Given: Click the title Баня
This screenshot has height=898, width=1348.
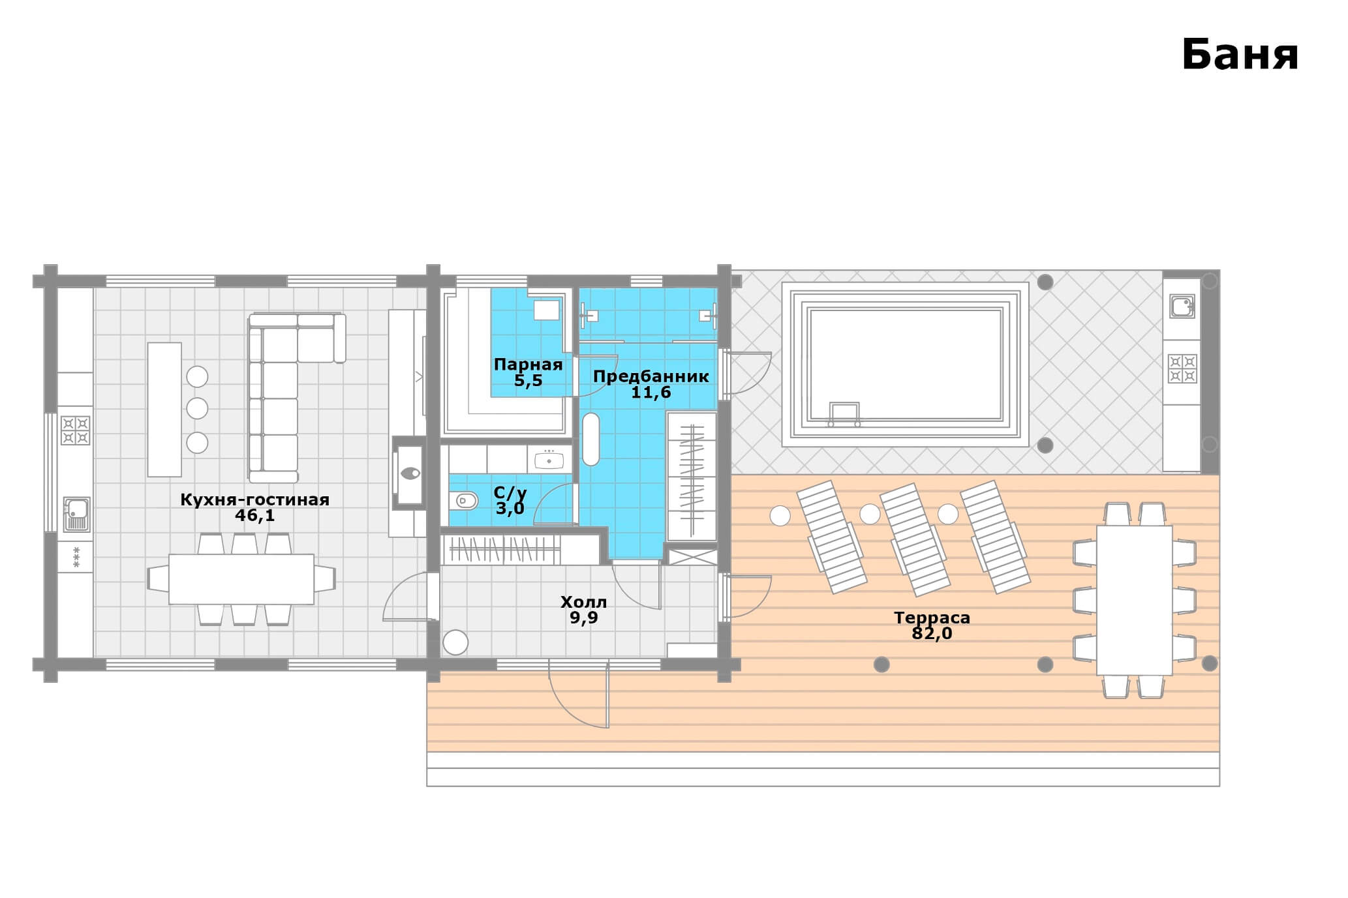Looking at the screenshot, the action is point(1240,55).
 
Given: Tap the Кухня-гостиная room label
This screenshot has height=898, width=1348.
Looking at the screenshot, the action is point(254,500).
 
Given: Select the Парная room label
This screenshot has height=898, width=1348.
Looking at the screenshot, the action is point(528,365).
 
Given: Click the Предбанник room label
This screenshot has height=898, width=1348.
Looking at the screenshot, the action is point(651,376).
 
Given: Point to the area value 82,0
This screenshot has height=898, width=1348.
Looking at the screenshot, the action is point(932,633).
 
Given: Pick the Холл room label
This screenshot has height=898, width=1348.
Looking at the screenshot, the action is point(583,601).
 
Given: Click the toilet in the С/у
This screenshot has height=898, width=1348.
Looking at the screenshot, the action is point(463,501).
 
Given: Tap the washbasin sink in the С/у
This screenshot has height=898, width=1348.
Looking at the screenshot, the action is point(549,460).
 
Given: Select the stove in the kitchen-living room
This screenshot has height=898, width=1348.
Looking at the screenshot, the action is point(76,430).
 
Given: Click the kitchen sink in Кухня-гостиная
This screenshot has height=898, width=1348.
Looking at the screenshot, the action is point(76,514).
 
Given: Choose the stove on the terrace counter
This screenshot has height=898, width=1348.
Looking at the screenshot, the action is point(1182,368).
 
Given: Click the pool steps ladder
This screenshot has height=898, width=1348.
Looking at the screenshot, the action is point(844,414).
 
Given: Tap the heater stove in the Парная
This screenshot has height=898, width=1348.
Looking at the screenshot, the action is point(547,310).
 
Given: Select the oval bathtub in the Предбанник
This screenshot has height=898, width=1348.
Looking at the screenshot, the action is point(590,440).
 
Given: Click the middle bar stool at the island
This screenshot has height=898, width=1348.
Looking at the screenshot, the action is point(197,409).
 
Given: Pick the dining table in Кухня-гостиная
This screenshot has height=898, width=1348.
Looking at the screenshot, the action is point(241,579).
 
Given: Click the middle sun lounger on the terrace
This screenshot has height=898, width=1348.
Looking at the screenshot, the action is point(915,539).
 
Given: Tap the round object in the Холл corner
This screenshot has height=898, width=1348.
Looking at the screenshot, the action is point(455,642).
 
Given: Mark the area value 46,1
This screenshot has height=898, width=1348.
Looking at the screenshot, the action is point(255,515).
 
